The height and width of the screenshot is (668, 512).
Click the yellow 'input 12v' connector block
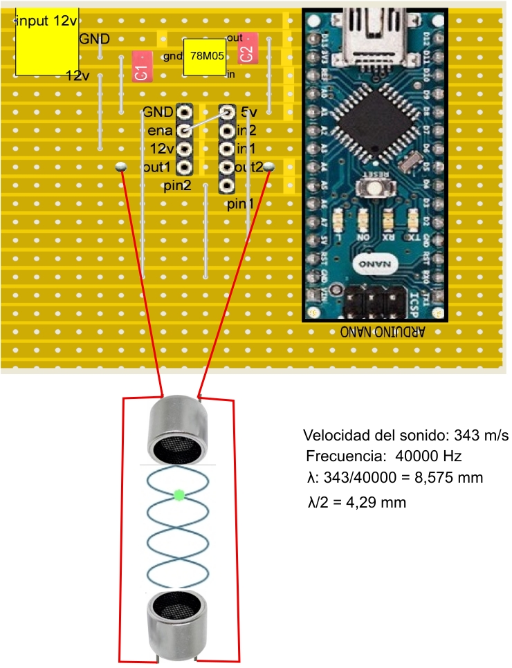pos(46,43)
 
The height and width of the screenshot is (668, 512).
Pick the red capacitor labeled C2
pos(247,47)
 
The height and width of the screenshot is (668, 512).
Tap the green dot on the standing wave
pos(179,494)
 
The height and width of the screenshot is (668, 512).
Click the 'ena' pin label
pos(160,130)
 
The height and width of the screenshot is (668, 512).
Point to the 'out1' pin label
pos(156,167)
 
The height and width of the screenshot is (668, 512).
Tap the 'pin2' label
pos(177,185)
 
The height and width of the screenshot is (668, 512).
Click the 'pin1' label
pos(240,203)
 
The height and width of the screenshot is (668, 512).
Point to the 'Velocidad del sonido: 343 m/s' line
pos(405,436)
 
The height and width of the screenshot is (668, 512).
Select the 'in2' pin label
pos(247,130)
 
